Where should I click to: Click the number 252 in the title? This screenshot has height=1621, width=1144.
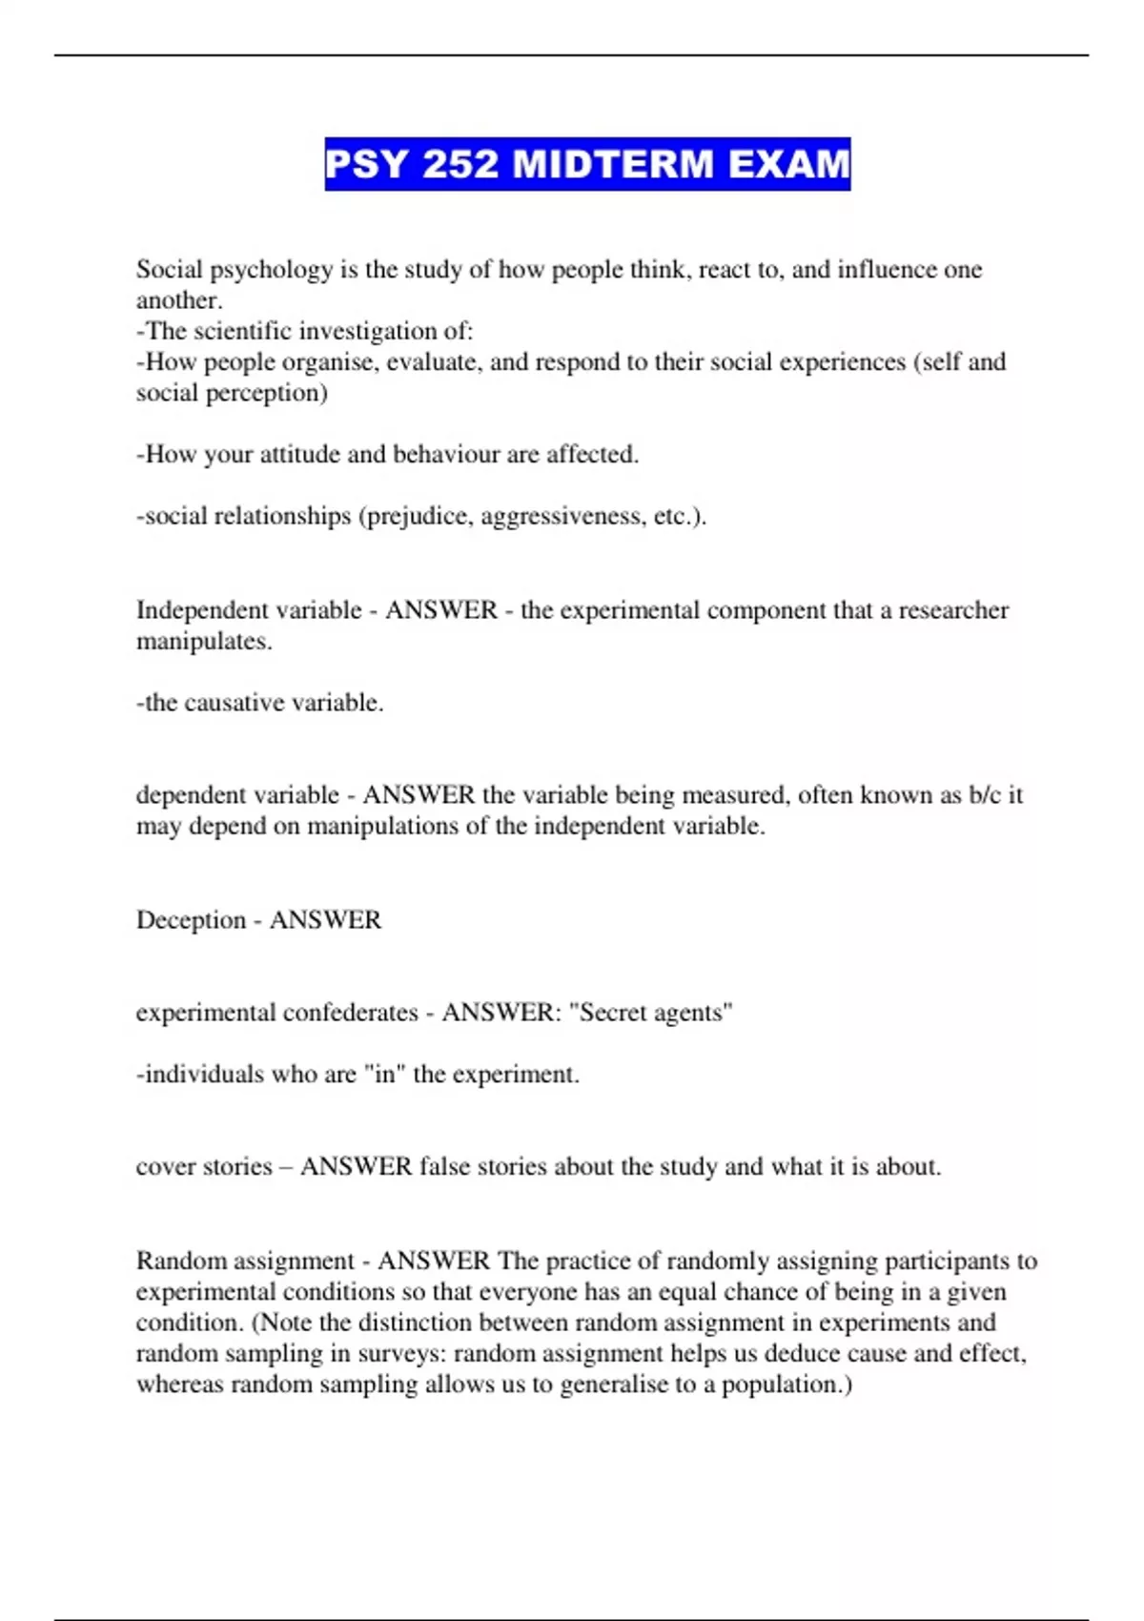(x=460, y=164)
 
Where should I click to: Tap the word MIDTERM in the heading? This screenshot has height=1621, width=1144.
(x=613, y=164)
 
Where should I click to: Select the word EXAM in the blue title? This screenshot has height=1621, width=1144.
(x=789, y=164)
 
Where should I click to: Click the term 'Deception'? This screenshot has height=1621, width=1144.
(x=191, y=920)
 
